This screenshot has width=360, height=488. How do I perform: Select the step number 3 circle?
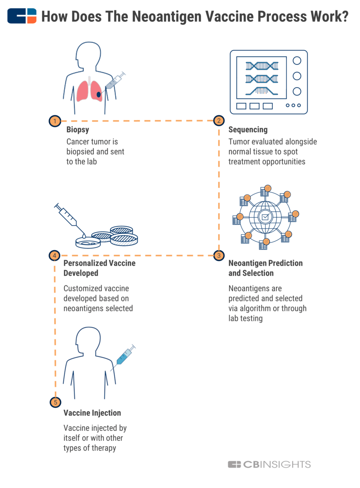point(219,255)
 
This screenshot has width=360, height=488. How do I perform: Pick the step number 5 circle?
point(55,402)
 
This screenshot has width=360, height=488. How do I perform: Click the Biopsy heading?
point(78,130)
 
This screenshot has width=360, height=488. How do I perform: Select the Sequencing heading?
point(248,130)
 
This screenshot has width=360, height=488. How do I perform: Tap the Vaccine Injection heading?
point(92,413)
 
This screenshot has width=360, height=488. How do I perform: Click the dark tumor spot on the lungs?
point(99,95)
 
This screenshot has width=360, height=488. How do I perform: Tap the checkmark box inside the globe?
point(265,217)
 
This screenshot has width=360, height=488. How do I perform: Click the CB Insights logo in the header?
point(22,16)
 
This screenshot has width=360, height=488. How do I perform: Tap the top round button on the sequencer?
point(297,61)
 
